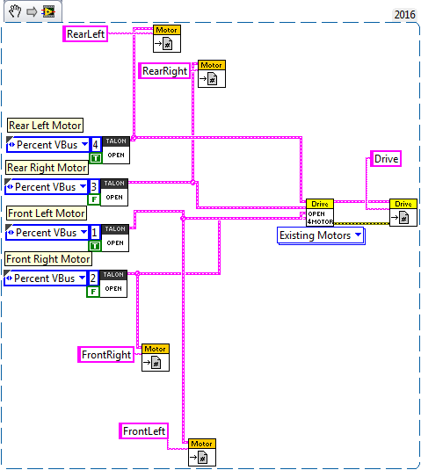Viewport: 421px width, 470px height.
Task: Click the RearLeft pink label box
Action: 85,33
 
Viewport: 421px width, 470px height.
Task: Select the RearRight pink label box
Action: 164,71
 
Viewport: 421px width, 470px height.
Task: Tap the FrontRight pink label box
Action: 105,355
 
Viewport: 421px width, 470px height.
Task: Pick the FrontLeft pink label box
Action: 143,431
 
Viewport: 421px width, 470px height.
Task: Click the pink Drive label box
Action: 386,158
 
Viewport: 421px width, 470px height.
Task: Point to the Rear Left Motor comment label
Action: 45,126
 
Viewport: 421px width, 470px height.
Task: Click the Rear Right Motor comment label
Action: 47,168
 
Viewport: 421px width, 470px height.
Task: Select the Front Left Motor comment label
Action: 47,213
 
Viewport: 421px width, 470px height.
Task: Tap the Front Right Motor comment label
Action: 48,259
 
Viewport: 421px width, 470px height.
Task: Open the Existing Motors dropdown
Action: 321,235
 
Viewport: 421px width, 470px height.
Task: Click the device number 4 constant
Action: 95,145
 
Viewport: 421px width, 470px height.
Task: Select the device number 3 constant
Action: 93,187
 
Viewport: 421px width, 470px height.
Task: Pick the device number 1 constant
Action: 94,233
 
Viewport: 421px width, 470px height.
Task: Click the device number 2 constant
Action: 92,278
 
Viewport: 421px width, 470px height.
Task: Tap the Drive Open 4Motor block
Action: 320,213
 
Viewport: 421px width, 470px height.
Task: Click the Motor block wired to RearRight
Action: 212,74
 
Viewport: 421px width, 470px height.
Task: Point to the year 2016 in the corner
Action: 404,14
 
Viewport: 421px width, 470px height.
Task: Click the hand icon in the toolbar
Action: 15,11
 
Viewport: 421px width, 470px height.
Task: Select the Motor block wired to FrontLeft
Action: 202,452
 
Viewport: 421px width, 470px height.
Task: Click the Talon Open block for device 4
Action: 116,150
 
